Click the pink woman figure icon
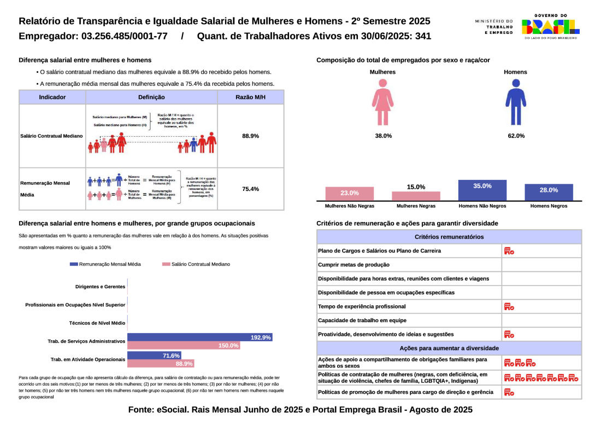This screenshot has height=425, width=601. pos(382,102)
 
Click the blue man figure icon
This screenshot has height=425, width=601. pos(516,102)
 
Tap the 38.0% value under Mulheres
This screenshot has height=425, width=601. pos(383,136)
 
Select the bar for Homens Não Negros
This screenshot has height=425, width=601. pos(482,190)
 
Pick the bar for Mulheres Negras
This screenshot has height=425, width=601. pos(416,196)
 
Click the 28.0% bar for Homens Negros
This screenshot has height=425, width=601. pos(549,192)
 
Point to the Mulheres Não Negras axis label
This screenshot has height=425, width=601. pos(350,206)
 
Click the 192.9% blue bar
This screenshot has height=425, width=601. pos(200,337)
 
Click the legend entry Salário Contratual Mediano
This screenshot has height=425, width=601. pos(196,264)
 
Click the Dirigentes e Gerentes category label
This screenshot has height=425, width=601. pos(100,286)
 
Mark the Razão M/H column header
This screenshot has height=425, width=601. pos(250,97)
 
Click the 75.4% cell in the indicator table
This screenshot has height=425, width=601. pos(250,189)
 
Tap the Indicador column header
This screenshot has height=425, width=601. pos(52,97)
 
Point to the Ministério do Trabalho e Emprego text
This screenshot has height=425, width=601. pos(494,26)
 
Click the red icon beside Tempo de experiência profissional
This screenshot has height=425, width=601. pos(509,306)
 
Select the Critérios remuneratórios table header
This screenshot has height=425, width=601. pos(449,237)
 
